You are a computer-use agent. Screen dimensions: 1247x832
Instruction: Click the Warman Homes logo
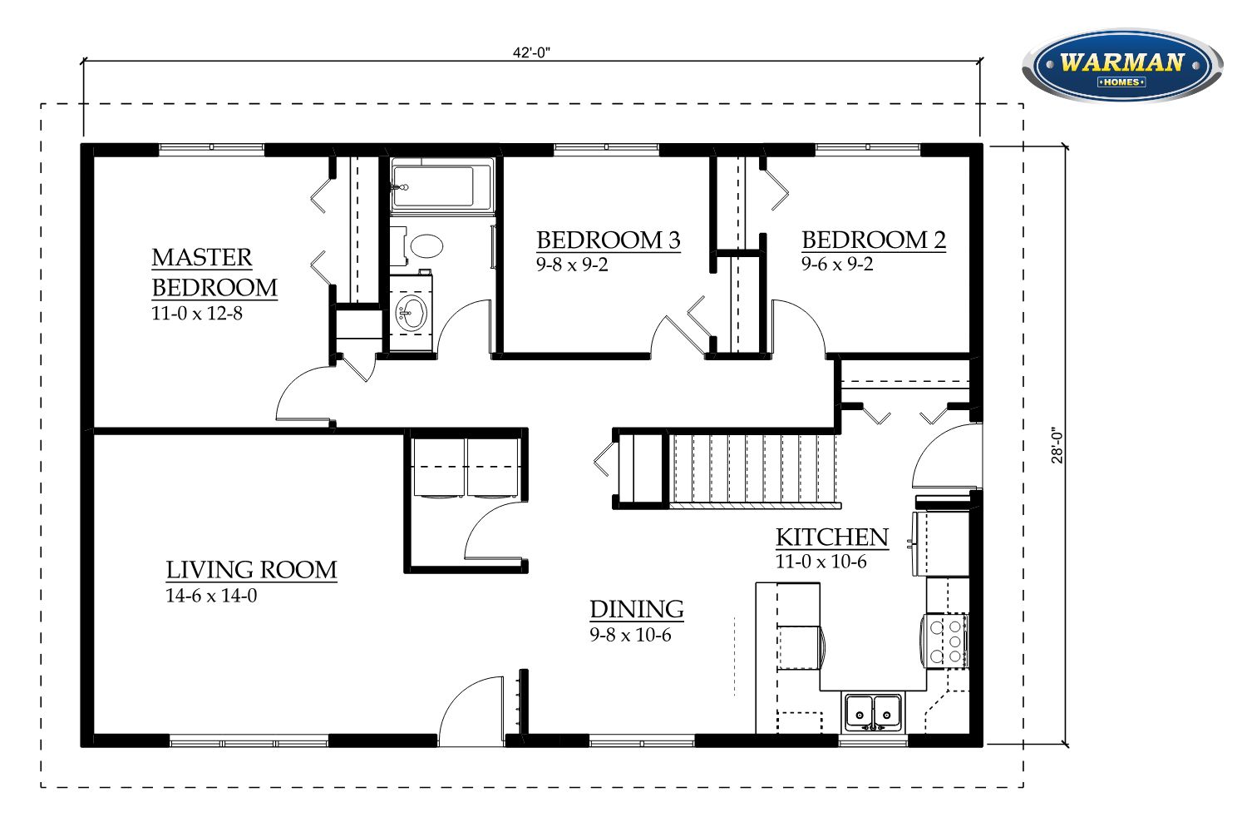pyautogui.click(x=1122, y=66)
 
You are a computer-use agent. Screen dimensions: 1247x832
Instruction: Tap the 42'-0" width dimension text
pyautogui.click(x=532, y=52)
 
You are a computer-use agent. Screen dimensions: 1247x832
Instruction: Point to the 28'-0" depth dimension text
pyautogui.click(x=1057, y=445)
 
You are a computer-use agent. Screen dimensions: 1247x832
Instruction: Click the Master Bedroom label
pyautogui.click(x=214, y=273)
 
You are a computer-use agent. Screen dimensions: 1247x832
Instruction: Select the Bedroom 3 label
pyautogui.click(x=609, y=240)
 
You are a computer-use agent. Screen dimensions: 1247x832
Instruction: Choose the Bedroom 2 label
pyautogui.click(x=874, y=240)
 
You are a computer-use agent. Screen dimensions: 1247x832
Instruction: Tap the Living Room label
pyautogui.click(x=251, y=570)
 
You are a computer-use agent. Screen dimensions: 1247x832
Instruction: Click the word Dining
pyautogui.click(x=637, y=609)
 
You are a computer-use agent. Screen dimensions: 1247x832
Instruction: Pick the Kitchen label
pyautogui.click(x=832, y=537)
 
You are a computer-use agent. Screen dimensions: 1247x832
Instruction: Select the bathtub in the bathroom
pyautogui.click(x=442, y=185)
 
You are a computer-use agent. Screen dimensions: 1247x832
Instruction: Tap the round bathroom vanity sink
pyautogui.click(x=411, y=313)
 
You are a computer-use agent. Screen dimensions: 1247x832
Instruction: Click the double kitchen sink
pyautogui.click(x=873, y=712)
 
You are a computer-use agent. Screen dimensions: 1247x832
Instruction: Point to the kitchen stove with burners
pyautogui.click(x=946, y=641)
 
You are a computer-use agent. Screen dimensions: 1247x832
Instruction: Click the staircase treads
pyautogui.click(x=754, y=469)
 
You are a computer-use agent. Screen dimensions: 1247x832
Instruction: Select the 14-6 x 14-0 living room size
pyautogui.click(x=211, y=596)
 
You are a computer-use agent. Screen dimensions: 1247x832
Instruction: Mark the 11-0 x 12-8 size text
pyautogui.click(x=197, y=313)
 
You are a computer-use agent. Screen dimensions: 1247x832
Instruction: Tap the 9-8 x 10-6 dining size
pyautogui.click(x=630, y=635)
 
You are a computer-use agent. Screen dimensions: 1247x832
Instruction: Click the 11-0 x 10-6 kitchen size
pyautogui.click(x=821, y=562)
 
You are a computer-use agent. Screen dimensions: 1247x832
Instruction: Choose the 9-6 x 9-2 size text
pyautogui.click(x=837, y=264)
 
